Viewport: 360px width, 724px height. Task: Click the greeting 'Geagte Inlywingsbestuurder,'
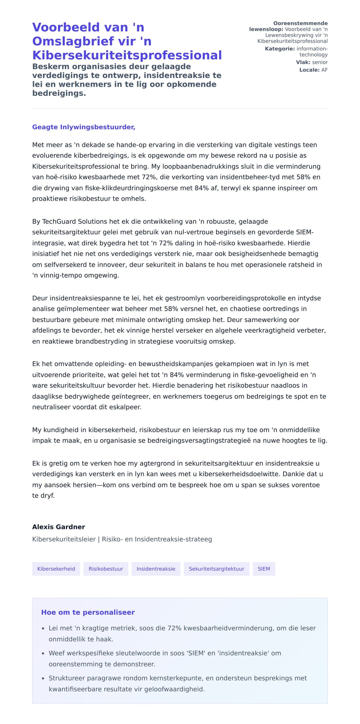coord(84,127)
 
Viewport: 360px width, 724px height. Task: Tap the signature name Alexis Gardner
coord(58,527)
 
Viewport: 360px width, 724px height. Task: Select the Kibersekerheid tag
coord(56,569)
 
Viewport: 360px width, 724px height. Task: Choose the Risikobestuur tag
coord(106,569)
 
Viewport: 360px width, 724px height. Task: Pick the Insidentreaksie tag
coord(156,569)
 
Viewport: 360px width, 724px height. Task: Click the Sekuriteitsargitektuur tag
coord(216,569)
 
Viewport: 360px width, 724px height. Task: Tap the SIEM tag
coord(264,569)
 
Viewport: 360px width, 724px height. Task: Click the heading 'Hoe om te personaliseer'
coord(88,612)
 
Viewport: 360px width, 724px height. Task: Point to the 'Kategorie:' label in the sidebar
coord(280,49)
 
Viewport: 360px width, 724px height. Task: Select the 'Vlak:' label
coord(303,62)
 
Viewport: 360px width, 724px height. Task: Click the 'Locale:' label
coord(309,70)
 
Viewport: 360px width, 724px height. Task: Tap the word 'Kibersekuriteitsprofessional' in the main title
coord(127,55)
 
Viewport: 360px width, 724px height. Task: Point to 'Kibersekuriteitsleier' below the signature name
coord(64,539)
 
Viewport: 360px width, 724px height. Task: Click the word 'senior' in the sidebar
coord(320,62)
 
